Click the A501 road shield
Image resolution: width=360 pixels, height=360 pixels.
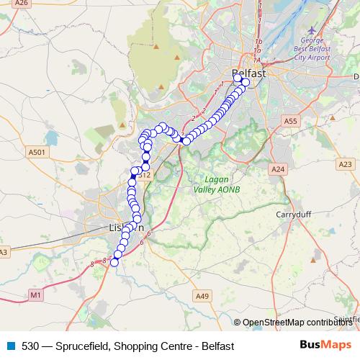[x=37, y=152]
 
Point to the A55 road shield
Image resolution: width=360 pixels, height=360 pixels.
[x=290, y=122]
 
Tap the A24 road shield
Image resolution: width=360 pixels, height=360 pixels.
[x=278, y=168]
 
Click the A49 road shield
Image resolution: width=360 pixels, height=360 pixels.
[x=202, y=295]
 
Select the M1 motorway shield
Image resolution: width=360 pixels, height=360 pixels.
[x=36, y=295]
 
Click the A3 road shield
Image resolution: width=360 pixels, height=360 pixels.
[x=3, y=252]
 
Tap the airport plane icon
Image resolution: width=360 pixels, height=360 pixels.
[x=312, y=30]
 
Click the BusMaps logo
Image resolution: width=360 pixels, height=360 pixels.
[x=325, y=346]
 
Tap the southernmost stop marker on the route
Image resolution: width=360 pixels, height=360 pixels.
[x=114, y=262]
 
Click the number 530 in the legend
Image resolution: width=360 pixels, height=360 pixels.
[x=30, y=346]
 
